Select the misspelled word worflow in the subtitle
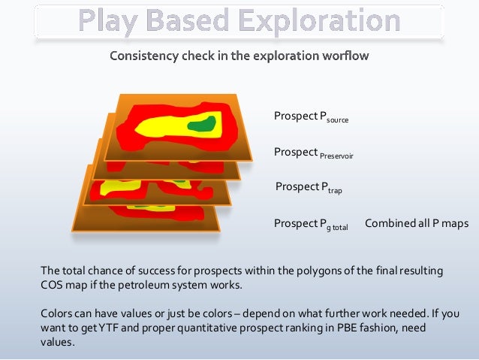tap(347, 56)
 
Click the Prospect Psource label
tap(311, 117)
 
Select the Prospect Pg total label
tap(311, 224)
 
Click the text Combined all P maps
tap(416, 223)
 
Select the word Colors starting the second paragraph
tap(57, 313)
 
